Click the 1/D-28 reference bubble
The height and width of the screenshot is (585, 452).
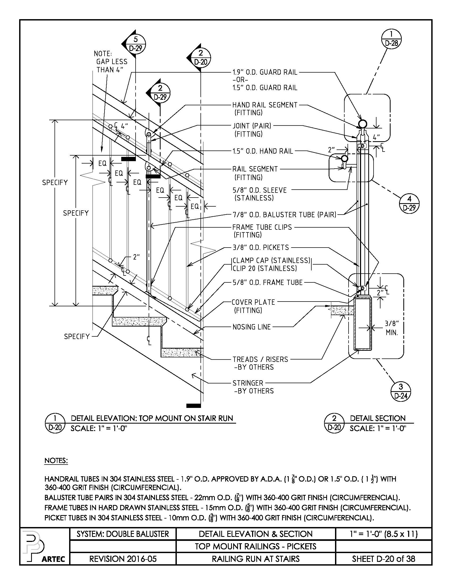click(391, 39)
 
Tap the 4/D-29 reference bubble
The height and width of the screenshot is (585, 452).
click(409, 203)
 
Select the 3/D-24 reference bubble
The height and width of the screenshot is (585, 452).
click(401, 391)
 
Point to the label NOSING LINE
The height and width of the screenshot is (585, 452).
click(252, 327)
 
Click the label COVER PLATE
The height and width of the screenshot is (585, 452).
click(253, 302)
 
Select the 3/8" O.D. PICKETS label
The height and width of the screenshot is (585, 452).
click(261, 247)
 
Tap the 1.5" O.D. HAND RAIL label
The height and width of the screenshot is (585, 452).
click(262, 151)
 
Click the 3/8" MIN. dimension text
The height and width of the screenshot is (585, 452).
click(392, 328)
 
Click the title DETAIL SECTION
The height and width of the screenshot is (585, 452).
click(378, 418)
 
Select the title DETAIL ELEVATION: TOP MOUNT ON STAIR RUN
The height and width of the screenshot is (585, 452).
click(152, 418)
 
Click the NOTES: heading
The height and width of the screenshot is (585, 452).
click(56, 461)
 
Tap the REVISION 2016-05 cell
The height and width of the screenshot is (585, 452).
click(123, 559)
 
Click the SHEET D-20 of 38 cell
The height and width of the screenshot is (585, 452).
click(383, 559)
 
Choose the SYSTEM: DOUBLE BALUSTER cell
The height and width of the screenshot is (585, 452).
click(123, 534)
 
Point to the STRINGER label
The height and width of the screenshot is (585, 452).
click(248, 383)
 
